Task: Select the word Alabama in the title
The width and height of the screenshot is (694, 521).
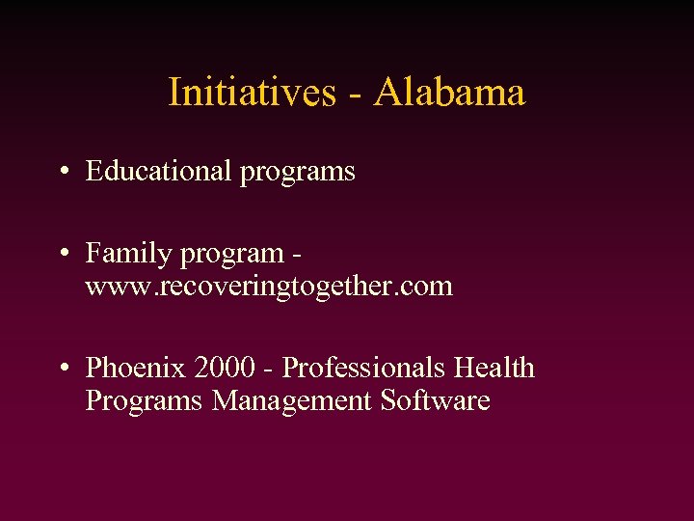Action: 450,93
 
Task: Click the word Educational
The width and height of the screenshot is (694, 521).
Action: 159,171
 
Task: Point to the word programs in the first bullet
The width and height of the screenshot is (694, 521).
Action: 298,173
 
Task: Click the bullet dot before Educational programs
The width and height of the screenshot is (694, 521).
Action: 61,172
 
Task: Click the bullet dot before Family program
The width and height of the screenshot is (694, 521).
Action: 61,255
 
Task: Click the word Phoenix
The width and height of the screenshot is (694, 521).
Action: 136,368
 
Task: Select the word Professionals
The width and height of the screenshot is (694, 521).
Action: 363,368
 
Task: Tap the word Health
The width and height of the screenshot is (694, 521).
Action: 494,368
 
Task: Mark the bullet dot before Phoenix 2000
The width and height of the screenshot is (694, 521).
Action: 61,369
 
